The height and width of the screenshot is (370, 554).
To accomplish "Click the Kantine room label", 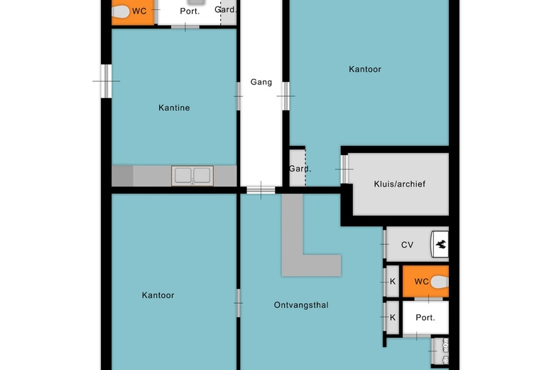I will point(174,108).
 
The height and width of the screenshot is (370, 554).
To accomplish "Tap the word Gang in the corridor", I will point(261,83).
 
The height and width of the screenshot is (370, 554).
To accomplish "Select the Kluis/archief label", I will point(400,184).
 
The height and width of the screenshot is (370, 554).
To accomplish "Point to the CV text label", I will point(407,245).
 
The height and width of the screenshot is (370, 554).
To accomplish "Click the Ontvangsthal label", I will point(301,305).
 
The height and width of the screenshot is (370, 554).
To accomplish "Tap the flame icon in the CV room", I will point(440,245).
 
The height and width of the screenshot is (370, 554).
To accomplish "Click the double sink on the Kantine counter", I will point(192,175).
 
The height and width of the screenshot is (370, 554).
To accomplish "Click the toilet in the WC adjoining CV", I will point(440,282).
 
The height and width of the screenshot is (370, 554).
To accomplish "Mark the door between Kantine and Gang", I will point(239,97).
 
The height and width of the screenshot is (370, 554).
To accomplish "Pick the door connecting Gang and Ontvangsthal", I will point(261,189).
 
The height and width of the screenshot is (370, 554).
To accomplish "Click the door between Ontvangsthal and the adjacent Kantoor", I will point(239,303).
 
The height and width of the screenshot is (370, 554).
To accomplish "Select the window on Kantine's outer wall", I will point(106,80).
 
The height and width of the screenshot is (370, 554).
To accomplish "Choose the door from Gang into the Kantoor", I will point(286,95).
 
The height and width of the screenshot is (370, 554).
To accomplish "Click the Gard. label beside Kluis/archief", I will point(300,169).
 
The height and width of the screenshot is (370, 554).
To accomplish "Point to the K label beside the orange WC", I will point(392,281).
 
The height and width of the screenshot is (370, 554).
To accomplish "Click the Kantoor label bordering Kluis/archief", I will point(365,69).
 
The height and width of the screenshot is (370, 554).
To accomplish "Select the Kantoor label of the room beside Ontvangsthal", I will point(158,295).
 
